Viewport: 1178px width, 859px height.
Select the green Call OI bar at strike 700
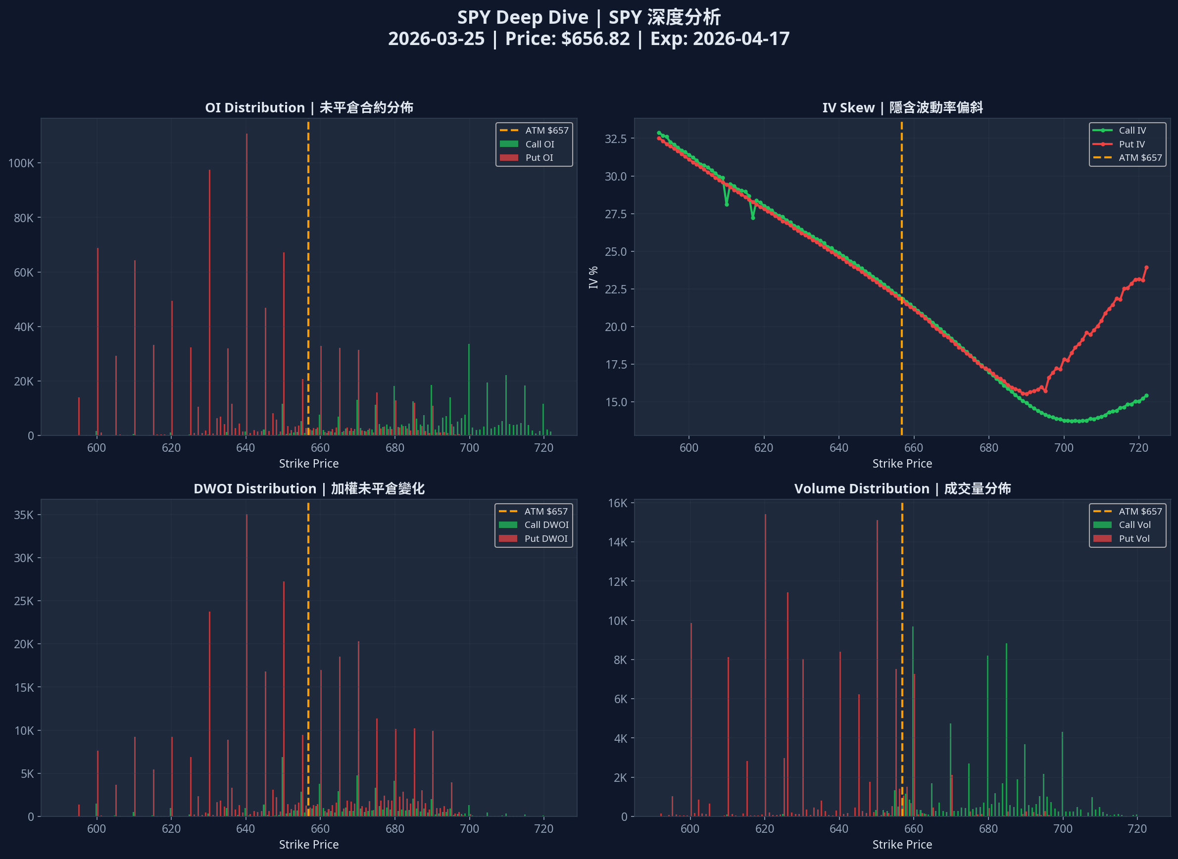(469, 390)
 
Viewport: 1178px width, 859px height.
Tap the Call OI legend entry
(540, 144)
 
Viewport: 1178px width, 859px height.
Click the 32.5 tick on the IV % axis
(615, 139)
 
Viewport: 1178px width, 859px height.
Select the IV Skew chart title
(902, 108)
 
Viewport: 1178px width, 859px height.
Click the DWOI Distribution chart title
(309, 489)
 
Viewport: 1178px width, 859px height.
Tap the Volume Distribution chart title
(902, 489)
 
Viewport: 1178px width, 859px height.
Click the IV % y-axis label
(593, 277)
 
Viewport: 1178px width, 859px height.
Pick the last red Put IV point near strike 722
(1146, 268)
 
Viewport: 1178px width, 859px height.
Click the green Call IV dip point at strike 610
(727, 204)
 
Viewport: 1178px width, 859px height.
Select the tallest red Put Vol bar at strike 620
(765, 666)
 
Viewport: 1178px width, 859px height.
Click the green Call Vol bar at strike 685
(1006, 728)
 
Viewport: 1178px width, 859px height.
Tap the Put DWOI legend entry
(545, 539)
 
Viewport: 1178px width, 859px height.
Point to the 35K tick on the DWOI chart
(23, 515)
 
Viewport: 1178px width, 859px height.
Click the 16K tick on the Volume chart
(617, 503)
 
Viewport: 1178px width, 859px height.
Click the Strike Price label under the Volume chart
(902, 845)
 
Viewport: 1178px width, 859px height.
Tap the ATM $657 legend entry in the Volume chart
(1139, 512)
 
